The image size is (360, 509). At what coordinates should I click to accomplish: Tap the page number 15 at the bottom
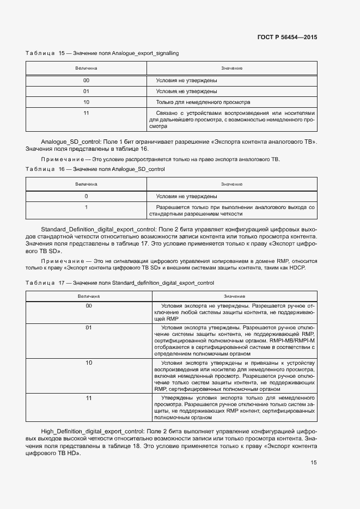(x=314, y=463)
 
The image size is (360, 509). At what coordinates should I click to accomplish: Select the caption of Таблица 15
(x=102, y=53)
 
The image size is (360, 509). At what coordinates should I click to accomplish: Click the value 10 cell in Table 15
(x=86, y=102)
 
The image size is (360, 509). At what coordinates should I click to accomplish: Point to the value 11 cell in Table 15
(x=86, y=113)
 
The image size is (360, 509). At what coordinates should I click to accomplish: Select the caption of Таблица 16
(x=95, y=169)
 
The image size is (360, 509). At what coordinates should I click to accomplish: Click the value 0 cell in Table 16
(x=86, y=196)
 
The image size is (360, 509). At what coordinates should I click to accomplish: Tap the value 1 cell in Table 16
(x=86, y=207)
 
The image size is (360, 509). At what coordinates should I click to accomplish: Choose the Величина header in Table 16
(x=86, y=184)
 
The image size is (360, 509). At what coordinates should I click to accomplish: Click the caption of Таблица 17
(x=120, y=283)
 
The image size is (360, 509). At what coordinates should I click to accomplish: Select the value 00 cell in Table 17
(x=89, y=306)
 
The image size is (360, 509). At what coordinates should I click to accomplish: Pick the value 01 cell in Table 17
(x=89, y=328)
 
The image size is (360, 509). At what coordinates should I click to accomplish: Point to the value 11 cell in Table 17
(x=89, y=398)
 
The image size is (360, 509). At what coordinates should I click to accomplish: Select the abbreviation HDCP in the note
(x=298, y=268)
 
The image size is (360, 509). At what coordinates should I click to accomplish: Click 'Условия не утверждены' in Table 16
(x=187, y=196)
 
